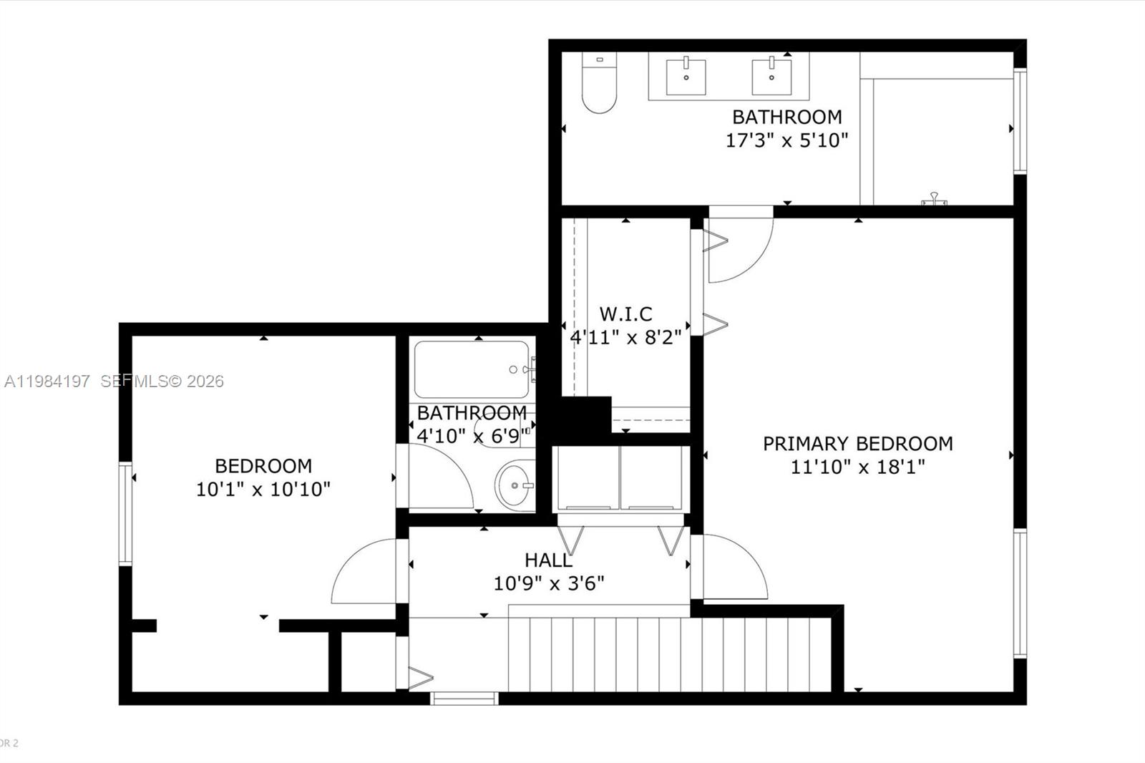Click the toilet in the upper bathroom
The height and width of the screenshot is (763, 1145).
point(599,84)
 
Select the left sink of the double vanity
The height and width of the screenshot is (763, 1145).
point(686,77)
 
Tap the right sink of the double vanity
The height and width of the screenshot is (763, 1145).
point(771,77)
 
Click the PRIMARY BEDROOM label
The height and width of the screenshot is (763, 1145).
point(857,444)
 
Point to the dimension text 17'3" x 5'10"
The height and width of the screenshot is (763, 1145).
point(786,140)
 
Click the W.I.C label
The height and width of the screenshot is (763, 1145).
point(625,314)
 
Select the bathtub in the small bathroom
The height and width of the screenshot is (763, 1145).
point(472,369)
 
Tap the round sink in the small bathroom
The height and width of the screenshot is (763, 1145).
point(515,485)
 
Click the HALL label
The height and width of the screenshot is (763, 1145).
point(548,560)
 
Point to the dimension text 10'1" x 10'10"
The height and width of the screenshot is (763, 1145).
point(263,490)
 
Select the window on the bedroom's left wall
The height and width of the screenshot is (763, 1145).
point(125,514)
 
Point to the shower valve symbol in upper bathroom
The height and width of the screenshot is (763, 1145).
point(934,199)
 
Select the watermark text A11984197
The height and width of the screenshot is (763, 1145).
point(47,381)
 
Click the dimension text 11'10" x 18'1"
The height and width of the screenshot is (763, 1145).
point(857,467)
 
